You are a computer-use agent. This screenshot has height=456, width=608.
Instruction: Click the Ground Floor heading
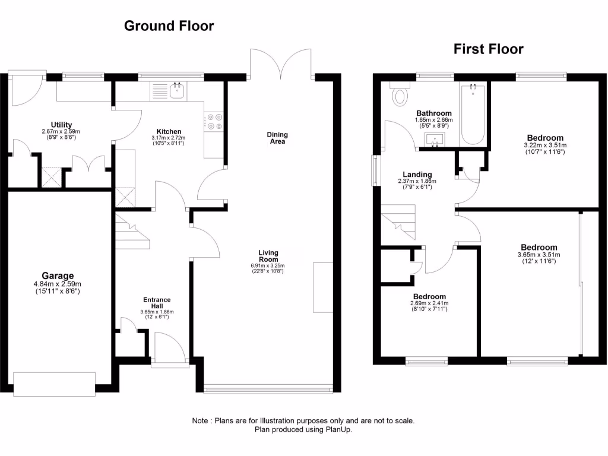tap(169, 26)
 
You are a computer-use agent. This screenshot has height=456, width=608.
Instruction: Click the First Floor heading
tap(488, 49)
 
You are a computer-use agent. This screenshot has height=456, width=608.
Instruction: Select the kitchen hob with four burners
tap(214, 122)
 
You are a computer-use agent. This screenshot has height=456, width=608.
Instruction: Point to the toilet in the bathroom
tap(401, 94)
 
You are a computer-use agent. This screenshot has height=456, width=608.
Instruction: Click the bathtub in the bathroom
tap(473, 114)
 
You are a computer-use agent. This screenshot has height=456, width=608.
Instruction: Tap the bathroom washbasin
tap(435, 140)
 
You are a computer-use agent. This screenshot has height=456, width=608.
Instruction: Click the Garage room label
tap(58, 275)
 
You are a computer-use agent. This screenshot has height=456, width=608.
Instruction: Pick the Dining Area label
tap(277, 138)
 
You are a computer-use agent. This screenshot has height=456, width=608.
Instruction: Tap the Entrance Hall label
tap(157, 303)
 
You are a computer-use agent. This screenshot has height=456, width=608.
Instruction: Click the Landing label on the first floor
tap(417, 174)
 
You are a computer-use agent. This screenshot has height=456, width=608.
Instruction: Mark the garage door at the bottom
tap(55, 384)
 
